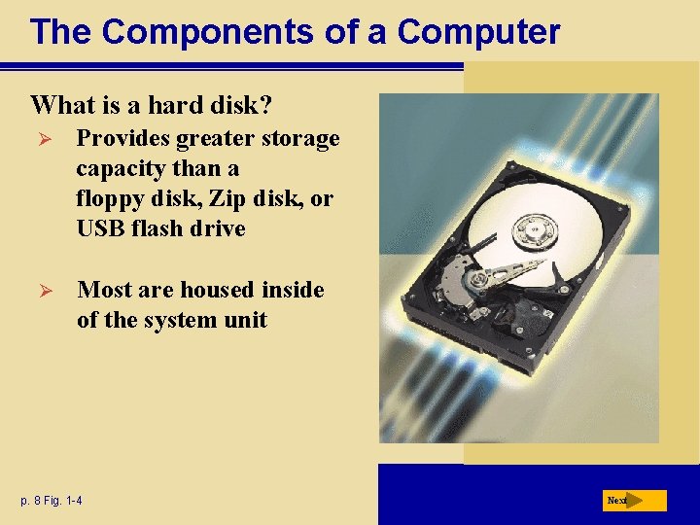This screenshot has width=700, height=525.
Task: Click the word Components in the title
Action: [x=197, y=32]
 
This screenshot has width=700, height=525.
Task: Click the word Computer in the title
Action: [x=478, y=32]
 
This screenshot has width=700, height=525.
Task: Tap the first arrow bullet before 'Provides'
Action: [x=41, y=139]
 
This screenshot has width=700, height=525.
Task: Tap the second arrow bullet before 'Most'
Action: [x=41, y=290]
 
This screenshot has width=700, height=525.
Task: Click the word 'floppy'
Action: [x=108, y=199]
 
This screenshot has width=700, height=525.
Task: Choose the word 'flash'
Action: [x=157, y=229]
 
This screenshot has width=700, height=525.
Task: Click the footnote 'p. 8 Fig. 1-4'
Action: [x=51, y=501]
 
